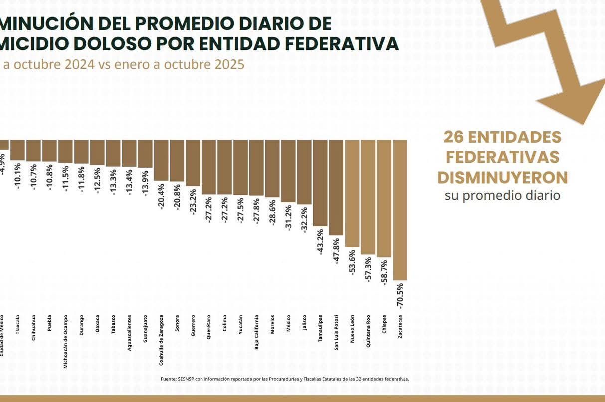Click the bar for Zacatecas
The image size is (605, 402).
click(400, 210)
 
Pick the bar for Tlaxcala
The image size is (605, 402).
click(17, 150)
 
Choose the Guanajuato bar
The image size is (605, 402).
click(145, 153)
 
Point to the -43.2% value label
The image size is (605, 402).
click(320, 241)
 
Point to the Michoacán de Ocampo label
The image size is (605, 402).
click(65, 341)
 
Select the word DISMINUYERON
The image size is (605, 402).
click(502, 177)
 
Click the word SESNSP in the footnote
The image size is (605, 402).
click(186, 379)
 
